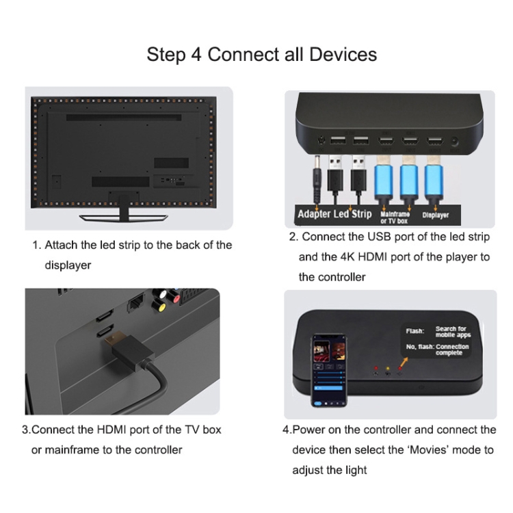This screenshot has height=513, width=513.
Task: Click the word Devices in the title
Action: coord(343,54)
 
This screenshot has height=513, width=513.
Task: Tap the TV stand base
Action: coord(123,218)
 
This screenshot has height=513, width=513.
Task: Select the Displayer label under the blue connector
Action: coord(435,215)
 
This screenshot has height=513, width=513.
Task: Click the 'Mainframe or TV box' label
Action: coord(395,218)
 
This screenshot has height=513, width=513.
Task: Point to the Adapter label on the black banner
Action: coord(314,214)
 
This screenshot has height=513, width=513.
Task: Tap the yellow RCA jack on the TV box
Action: coord(159,306)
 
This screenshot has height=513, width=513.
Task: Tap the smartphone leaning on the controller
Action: coord(329,370)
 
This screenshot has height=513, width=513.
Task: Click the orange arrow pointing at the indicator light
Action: coord(404,362)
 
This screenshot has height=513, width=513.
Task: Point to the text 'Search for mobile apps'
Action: coord(453,332)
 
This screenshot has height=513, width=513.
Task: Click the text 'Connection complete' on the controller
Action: coord(452,350)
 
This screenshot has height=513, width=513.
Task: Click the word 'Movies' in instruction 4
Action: coord(428,450)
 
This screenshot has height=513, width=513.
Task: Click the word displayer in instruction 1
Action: coord(68,265)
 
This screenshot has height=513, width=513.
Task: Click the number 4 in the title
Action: coord(196,54)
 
